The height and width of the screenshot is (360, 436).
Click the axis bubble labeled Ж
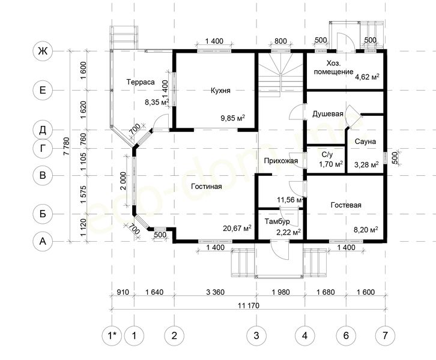click(43, 52)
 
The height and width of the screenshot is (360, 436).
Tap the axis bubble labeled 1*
click(112, 335)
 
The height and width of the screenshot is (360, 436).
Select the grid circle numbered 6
click(346, 335)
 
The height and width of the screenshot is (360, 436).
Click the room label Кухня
click(220, 91)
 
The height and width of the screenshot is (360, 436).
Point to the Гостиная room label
click(207, 187)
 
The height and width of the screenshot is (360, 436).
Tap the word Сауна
click(365, 142)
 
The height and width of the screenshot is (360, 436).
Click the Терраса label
click(141, 82)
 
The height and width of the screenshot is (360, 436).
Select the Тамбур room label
click(277, 221)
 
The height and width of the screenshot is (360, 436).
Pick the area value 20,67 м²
click(237, 229)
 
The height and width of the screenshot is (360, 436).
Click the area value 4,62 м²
click(367, 77)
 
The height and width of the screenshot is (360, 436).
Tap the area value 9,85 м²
click(233, 118)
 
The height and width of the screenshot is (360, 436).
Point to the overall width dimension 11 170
click(249, 305)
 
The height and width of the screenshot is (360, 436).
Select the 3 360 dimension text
click(216, 292)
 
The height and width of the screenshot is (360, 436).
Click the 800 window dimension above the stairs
click(280, 41)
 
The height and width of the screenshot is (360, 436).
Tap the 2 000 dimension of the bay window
click(124, 181)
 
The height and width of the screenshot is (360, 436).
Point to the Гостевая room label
click(346, 205)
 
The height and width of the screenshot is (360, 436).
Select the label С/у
click(327, 155)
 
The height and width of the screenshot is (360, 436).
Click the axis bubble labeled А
click(43, 241)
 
